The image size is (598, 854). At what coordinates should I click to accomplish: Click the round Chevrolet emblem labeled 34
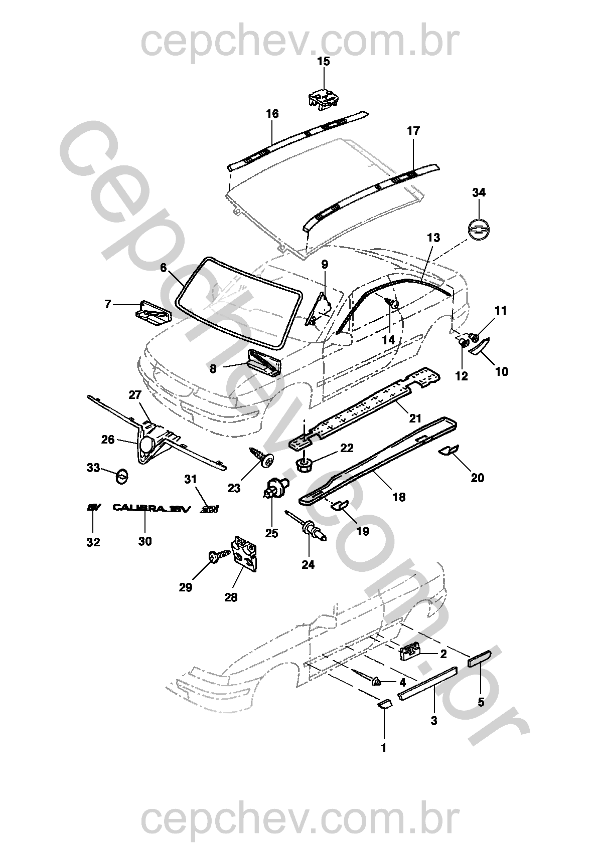coord(479,230)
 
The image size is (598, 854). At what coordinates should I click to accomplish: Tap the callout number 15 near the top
coord(324,62)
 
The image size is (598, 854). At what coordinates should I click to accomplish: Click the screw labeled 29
coord(217,556)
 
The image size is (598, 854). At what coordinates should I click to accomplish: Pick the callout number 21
coord(415,418)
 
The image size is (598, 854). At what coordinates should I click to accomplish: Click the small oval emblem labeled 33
coord(122,476)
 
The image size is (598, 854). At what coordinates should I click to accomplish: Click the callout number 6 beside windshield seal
coord(164,268)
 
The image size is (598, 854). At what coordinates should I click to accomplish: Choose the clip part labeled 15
coord(323,98)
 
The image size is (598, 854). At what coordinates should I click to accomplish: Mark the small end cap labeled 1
coord(384,705)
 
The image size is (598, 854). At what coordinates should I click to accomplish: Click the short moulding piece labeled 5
coord(480,657)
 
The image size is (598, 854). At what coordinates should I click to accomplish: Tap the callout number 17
coord(413,131)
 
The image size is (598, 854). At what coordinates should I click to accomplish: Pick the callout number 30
coord(145,541)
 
